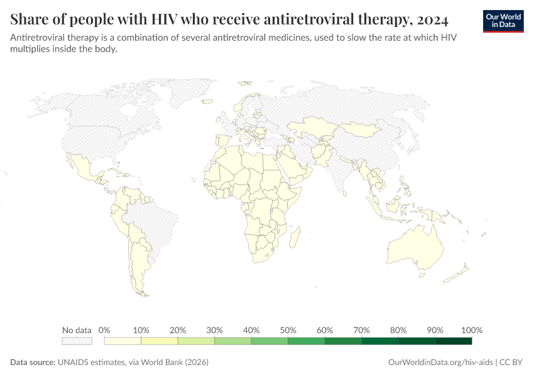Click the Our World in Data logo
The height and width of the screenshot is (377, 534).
(503, 21)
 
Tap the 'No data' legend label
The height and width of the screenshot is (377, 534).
(77, 330)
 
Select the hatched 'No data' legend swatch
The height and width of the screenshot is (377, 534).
(77, 341)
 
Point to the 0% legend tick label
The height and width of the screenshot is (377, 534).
(105, 330)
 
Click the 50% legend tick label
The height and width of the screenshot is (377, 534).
(288, 330)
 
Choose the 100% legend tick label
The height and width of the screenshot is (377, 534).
(472, 330)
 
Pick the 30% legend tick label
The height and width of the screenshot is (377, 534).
(215, 330)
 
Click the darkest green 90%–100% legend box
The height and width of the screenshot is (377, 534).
(454, 341)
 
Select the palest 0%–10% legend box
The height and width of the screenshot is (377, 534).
(123, 341)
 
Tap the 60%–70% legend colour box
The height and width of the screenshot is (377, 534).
(344, 341)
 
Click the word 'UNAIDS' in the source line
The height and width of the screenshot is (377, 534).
(75, 363)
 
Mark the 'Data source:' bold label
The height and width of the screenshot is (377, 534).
(33, 363)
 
